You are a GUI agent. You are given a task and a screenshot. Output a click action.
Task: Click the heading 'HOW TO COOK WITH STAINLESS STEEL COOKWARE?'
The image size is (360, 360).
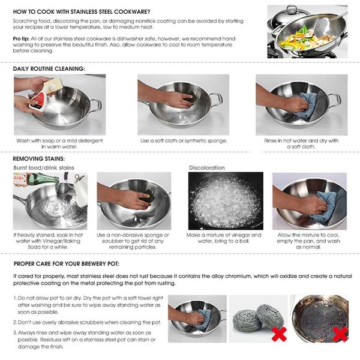82,11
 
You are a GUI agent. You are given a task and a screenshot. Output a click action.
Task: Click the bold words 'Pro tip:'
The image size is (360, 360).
22,38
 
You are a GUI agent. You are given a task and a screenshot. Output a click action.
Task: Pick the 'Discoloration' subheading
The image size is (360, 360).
206,167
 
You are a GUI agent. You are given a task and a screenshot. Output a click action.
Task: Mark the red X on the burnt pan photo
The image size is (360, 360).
340,334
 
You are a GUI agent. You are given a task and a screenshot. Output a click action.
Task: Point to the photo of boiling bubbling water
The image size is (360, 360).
225,201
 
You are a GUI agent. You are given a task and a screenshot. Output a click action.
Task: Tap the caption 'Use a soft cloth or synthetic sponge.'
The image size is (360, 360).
184,140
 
